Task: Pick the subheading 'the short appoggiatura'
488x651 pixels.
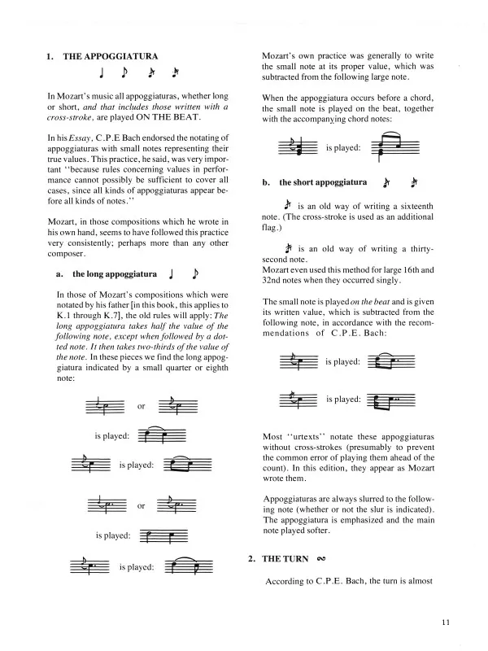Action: pos(323,183)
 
